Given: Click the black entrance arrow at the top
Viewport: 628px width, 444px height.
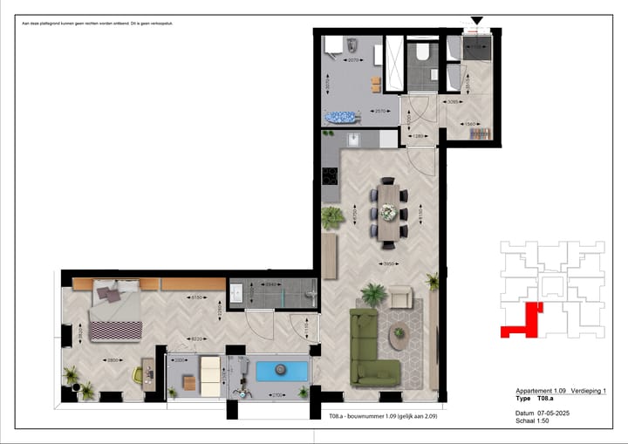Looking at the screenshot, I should click(x=476, y=20).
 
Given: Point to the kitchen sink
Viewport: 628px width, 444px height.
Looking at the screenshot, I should click(x=353, y=140).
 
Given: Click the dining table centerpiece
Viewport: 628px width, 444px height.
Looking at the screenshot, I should click(x=388, y=210).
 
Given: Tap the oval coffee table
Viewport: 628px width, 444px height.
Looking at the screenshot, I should click(x=400, y=333).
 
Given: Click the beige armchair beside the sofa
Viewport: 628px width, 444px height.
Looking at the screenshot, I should click(x=399, y=296).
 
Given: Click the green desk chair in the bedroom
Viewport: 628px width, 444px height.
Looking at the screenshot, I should click(x=139, y=374).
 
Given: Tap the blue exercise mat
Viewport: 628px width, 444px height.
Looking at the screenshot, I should click(x=280, y=371).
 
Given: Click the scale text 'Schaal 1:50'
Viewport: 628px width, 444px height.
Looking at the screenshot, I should click(x=531, y=420).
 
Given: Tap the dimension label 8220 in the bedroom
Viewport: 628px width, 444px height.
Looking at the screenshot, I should click(x=198, y=339).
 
